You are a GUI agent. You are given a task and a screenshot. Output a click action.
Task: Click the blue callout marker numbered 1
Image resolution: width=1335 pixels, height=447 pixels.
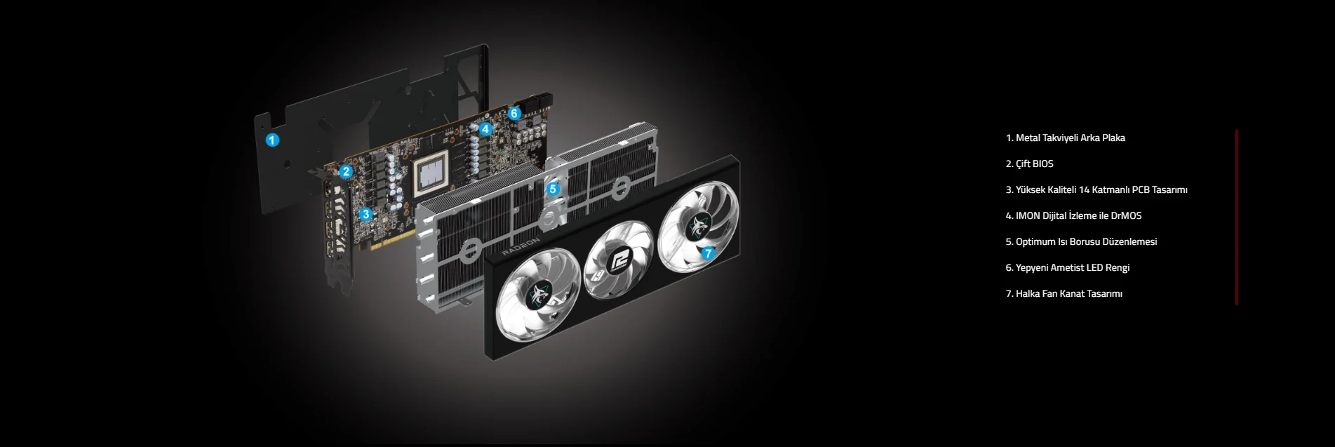(x=272, y=140)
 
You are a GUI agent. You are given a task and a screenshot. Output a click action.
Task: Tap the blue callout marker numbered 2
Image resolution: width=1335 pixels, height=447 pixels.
(x=346, y=171)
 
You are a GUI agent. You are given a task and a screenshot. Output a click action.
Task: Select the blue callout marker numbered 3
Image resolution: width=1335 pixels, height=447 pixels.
(x=365, y=214)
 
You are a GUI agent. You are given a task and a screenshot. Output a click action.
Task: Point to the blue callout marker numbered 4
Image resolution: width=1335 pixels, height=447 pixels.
(x=485, y=129)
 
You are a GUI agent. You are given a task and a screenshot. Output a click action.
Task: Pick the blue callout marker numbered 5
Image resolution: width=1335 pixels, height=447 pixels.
(x=553, y=189)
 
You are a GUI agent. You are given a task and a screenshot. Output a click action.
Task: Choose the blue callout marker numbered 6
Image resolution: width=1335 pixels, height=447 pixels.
(x=514, y=113)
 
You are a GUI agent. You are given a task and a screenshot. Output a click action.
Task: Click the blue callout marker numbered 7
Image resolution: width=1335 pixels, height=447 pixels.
(x=708, y=253)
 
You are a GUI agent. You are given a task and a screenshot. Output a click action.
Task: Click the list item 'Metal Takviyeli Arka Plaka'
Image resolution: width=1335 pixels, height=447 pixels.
(x=1065, y=138)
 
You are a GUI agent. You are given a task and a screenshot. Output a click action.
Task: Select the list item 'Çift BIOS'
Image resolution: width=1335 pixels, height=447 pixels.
(x=1029, y=164)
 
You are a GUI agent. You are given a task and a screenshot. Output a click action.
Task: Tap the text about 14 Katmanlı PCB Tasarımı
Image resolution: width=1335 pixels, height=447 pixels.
(x=1096, y=189)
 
